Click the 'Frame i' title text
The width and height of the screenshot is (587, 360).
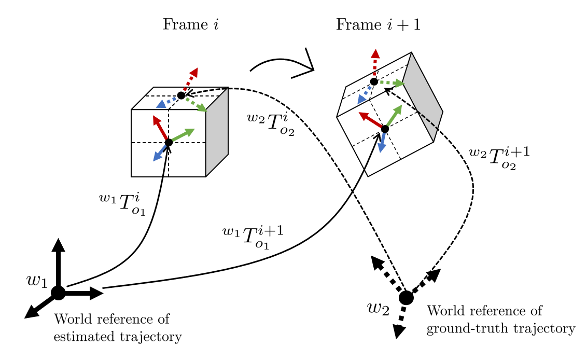(190, 24)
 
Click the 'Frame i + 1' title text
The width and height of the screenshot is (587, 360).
(378, 24)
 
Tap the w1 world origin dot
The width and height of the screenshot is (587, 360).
(58, 293)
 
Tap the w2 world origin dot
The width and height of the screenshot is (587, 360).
(406, 298)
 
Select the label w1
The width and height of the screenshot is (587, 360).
(37, 281)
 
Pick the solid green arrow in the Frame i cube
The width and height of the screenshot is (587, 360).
(182, 135)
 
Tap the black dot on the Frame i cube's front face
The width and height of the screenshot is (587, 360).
(169, 143)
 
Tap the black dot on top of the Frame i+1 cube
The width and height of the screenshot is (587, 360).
(374, 81)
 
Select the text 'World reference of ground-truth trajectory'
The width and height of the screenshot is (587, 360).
(500, 320)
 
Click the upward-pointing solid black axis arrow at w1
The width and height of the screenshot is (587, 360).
(58, 259)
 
